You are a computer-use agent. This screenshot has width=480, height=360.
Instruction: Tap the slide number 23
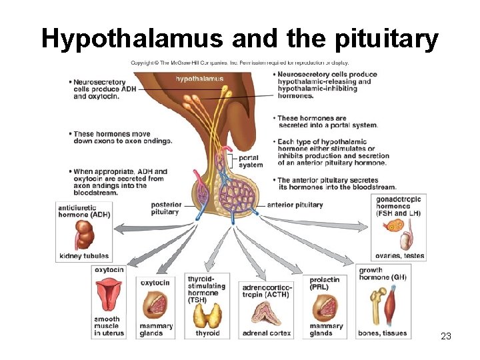(x=446, y=336)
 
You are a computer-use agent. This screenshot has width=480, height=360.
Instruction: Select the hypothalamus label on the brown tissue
(x=199, y=79)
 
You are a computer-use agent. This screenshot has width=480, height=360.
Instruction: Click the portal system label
(x=251, y=161)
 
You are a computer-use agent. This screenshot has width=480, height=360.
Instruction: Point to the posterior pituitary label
(x=166, y=208)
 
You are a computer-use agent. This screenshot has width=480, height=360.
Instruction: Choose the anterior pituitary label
(x=295, y=205)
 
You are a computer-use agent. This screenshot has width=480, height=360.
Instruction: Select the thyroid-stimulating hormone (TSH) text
(x=207, y=289)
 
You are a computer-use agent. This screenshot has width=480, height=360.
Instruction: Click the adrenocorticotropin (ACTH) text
(x=267, y=291)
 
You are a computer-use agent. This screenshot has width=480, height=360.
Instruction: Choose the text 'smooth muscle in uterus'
(x=108, y=326)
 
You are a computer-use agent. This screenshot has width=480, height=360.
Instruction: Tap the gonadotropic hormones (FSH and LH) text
(x=398, y=206)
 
